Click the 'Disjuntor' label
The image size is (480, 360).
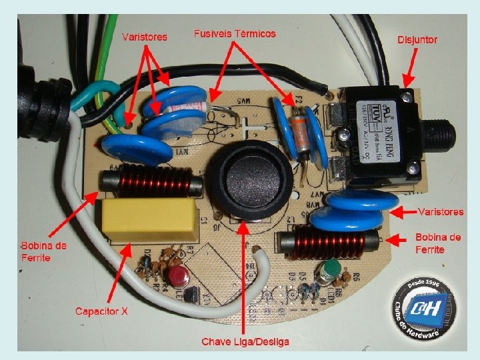tap(417, 40)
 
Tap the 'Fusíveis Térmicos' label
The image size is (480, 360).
tap(234, 33)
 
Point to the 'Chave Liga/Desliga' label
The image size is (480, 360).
tap(245, 342)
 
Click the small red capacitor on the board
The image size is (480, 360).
tap(177, 276)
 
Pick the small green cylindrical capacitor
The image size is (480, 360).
tap(329, 271)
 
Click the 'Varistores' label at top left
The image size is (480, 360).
tap(145, 37)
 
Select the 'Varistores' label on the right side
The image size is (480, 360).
tap(440, 212)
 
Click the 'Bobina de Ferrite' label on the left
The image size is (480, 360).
tap(43, 251)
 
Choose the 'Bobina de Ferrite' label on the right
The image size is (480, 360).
tap(438, 243)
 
